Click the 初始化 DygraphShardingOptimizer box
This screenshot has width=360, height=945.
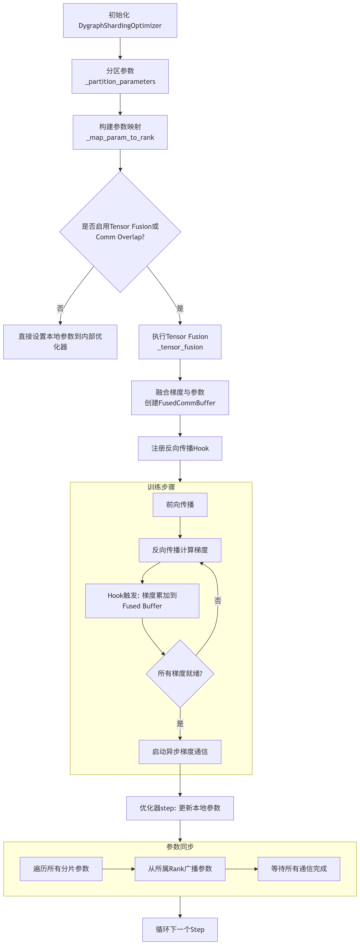coord(120,21)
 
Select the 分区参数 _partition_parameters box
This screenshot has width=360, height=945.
coord(120,76)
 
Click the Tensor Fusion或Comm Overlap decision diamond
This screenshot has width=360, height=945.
coord(120,232)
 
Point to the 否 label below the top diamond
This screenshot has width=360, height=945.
coord(60,308)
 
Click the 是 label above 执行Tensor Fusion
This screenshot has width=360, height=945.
coord(180,308)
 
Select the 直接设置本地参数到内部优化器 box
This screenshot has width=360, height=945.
coord(60,342)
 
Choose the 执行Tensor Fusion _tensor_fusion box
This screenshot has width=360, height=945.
coord(180,342)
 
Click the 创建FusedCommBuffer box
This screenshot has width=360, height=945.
coord(180,398)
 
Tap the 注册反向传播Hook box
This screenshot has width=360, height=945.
coord(180,448)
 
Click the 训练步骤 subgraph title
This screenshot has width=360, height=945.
coord(161,487)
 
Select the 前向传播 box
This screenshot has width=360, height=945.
coord(180,505)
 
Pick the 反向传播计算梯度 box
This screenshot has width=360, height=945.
coord(180,550)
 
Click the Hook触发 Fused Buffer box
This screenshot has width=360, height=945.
coord(142,601)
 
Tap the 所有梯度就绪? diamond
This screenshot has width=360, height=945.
coord(180,673)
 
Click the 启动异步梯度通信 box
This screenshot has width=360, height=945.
coord(180,752)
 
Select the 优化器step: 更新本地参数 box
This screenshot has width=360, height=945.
coord(180,808)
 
